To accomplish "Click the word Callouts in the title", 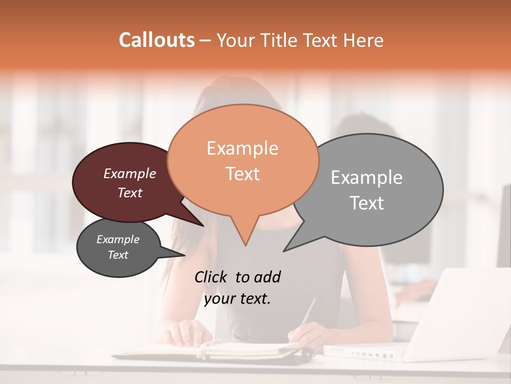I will point(156,40).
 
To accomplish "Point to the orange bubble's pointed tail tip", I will point(245,246).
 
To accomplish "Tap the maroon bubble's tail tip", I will point(204,226).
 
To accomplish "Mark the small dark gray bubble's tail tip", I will point(185,255).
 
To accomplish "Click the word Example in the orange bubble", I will point(242,148).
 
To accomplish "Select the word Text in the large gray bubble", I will point(367,203).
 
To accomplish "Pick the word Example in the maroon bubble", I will point(130,173).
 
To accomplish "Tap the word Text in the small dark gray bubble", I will point(118,255).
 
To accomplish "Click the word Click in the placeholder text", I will point(211,277).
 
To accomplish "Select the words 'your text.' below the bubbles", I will point(237,299).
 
